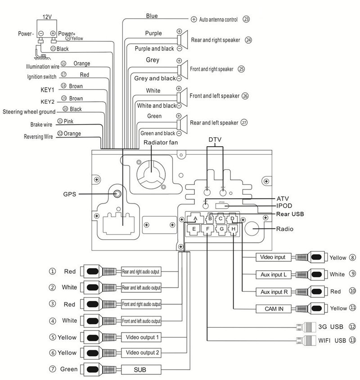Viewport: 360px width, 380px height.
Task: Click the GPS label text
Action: (x=70, y=194)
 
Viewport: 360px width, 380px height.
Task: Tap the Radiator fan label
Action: (x=161, y=143)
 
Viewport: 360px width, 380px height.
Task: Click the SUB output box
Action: (x=141, y=370)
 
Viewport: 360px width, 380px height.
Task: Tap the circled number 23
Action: (x=246, y=19)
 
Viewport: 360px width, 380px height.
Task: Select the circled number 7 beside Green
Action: (x=53, y=369)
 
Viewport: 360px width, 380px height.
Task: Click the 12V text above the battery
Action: (x=47, y=16)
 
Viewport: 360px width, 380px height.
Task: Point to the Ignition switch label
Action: (x=41, y=76)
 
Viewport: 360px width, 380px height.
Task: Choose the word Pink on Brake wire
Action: (x=69, y=121)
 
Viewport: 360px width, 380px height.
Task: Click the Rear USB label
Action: (x=290, y=214)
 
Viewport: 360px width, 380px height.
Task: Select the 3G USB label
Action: (x=330, y=326)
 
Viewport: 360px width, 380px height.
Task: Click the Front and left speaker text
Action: (x=214, y=96)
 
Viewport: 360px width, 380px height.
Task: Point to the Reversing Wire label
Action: (x=39, y=136)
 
